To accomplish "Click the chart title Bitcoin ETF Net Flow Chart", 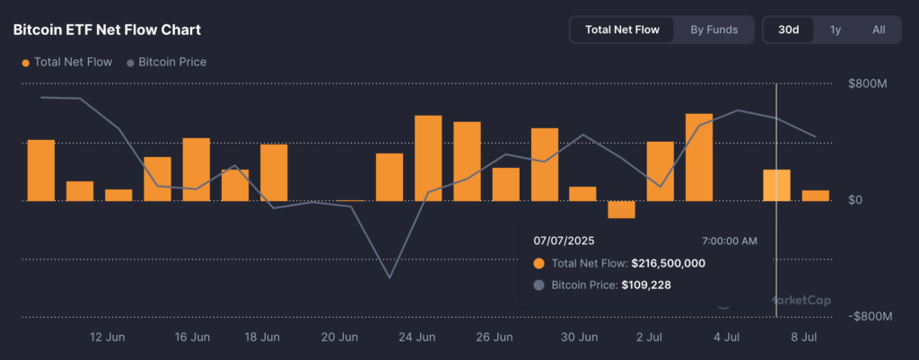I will tap(107, 30).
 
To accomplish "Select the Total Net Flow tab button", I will tap(622, 30).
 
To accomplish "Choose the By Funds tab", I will tap(713, 30).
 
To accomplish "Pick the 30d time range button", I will tap(789, 30).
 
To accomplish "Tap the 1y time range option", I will tap(836, 30).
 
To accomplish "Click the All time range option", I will tap(879, 30).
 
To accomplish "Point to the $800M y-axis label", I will tap(867, 83).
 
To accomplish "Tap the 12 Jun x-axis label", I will tap(108, 338).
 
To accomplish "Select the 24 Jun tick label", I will tap(417, 338).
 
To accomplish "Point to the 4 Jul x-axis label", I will tap(727, 338).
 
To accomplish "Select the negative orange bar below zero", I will tap(621, 209).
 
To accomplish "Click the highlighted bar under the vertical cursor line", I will tap(776, 185).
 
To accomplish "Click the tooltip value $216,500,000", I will tap(668, 263).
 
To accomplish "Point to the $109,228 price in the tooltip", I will tap(646, 285).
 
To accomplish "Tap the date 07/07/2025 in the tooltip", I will tap(564, 241).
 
